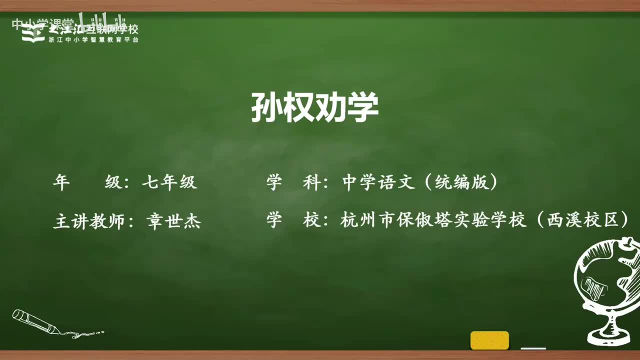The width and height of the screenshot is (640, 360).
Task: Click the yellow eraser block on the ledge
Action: click(x=489, y=340)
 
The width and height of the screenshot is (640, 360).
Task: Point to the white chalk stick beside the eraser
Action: click(x=533, y=348)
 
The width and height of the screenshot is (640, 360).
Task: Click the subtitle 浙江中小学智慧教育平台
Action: click(x=94, y=40)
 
